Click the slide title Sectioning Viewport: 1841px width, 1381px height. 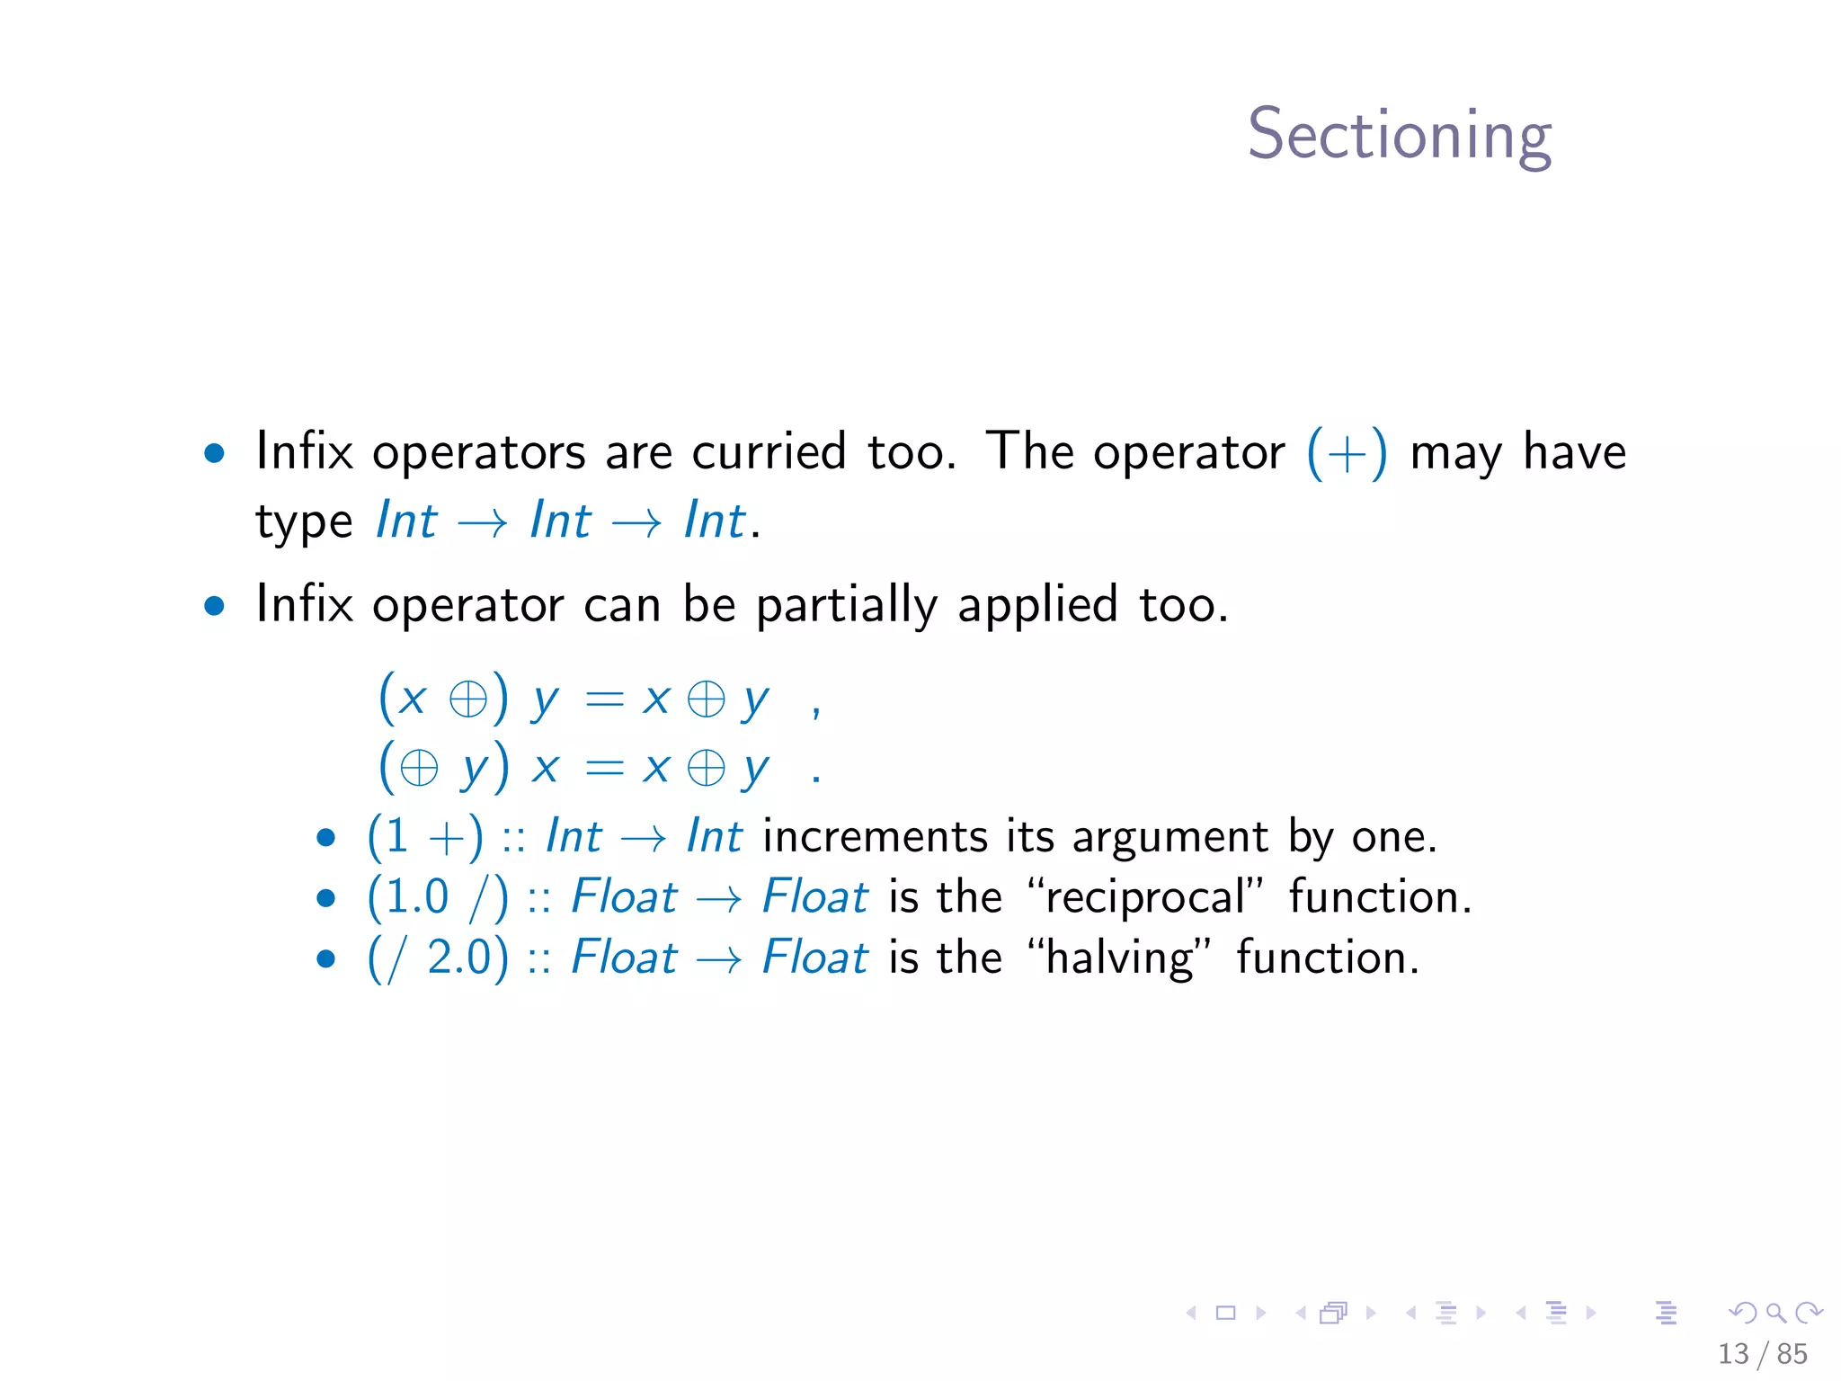click(x=1399, y=135)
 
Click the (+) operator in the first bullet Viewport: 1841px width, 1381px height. click(x=1346, y=453)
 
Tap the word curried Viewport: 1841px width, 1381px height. click(x=769, y=451)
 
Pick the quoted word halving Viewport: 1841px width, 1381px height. click(x=1120, y=958)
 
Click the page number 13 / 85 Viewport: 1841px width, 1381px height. click(x=1762, y=1353)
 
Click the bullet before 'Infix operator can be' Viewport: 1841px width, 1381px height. click(x=214, y=606)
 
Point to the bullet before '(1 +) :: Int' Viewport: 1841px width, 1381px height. click(x=326, y=839)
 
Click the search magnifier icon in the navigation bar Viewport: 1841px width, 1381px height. click(x=1775, y=1314)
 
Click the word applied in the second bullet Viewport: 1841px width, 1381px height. click(x=1037, y=605)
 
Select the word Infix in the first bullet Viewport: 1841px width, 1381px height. click(x=304, y=451)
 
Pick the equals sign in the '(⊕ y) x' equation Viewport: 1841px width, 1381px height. click(x=604, y=768)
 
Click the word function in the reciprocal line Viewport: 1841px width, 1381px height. click(x=1380, y=897)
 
